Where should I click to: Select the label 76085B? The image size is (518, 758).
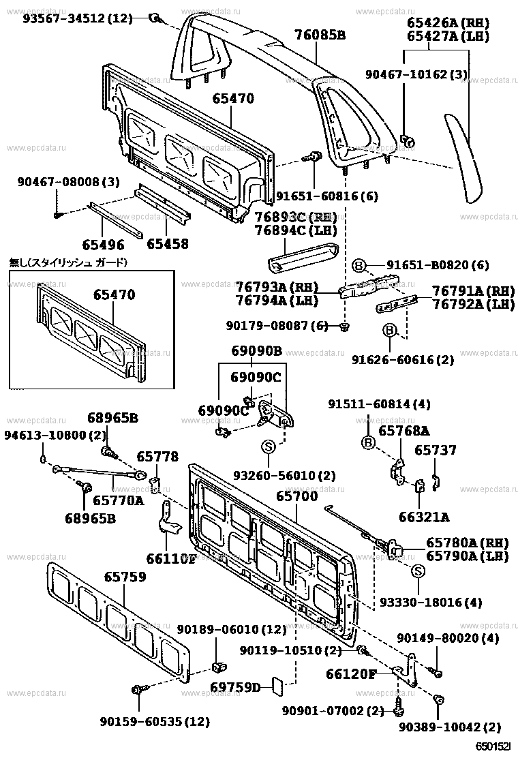tap(320, 34)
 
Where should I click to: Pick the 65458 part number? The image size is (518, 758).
tap(167, 243)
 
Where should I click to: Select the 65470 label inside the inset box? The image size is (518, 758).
tap(114, 295)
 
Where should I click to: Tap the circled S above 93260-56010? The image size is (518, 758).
tap(268, 447)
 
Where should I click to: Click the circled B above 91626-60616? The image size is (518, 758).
tap(389, 331)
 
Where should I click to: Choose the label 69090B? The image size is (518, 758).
tap(256, 352)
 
